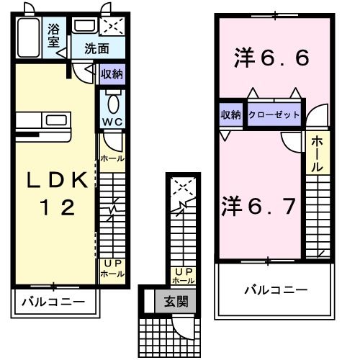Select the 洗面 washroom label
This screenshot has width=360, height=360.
96,50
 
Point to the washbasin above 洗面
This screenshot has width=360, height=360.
84,27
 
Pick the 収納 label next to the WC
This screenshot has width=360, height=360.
112,73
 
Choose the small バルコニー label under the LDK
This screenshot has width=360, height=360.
52,302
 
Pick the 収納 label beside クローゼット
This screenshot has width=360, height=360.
230,114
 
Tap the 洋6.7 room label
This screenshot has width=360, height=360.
258,206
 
